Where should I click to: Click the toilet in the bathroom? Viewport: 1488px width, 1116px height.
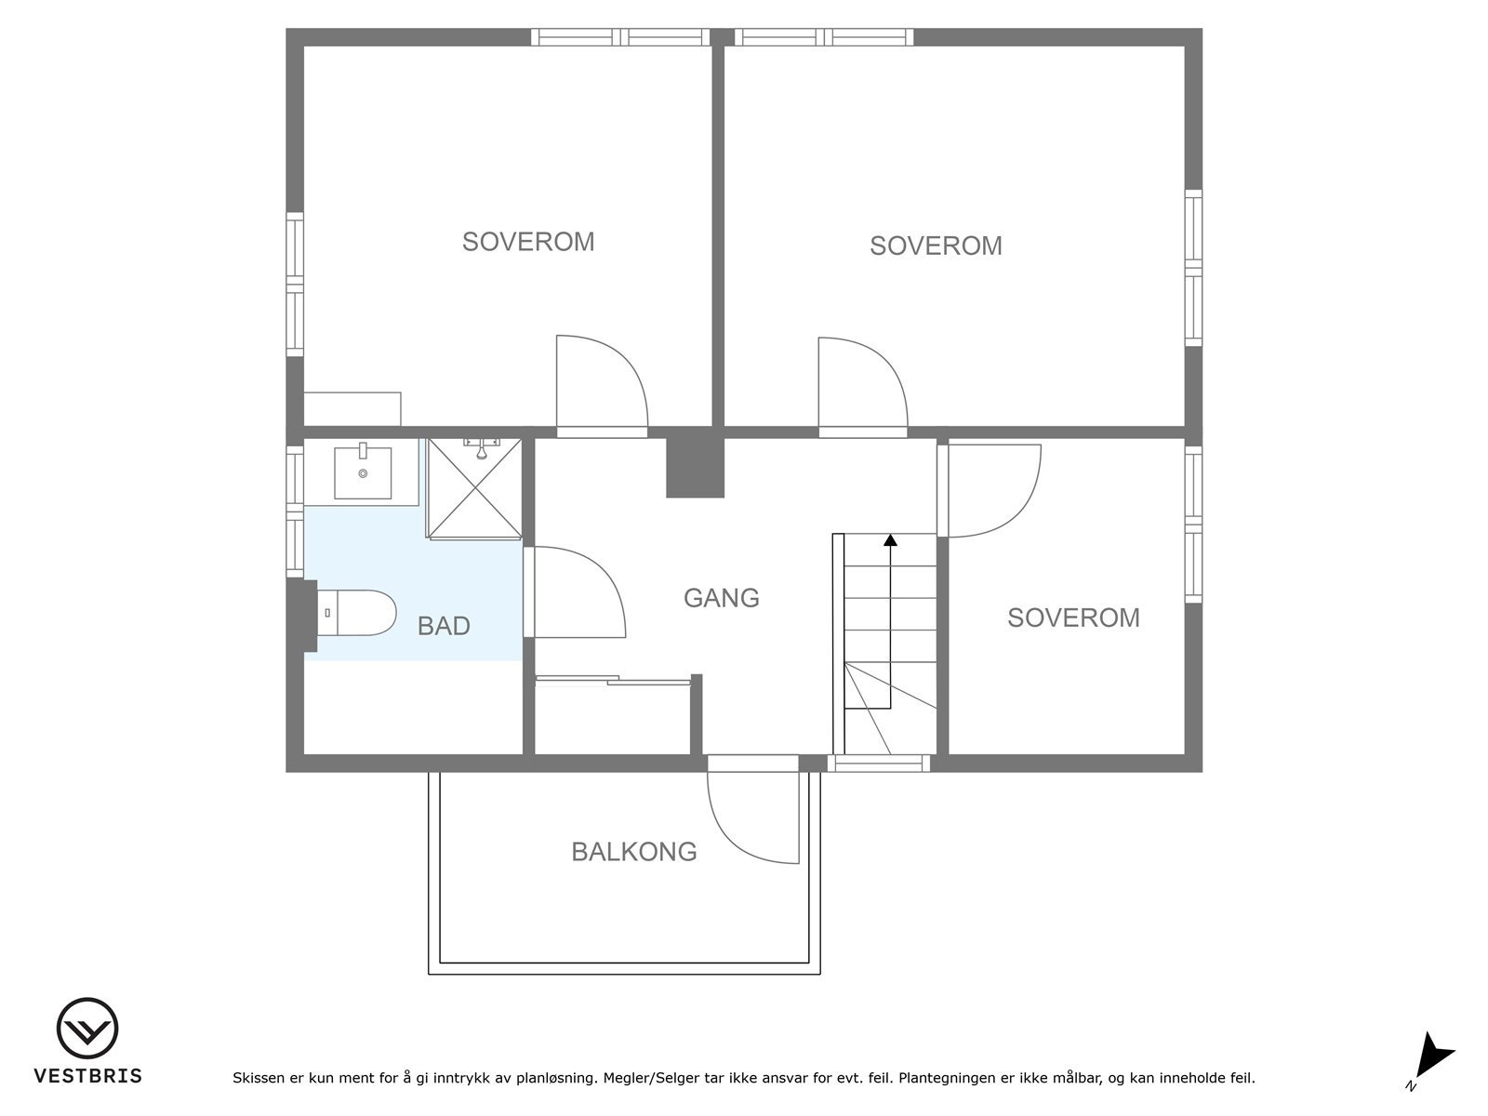356,612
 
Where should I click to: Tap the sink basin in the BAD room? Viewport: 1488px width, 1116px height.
363,472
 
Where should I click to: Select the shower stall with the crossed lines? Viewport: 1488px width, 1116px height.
474,488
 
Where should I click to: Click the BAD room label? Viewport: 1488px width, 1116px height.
444,625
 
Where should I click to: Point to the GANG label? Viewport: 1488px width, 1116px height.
722,598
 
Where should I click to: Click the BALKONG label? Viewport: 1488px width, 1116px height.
634,852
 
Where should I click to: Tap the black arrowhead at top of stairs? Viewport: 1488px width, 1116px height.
891,540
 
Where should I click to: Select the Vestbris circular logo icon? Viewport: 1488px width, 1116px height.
87,1029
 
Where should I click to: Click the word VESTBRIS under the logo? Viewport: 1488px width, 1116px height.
88,1076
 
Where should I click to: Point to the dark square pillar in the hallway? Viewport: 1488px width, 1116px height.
696,468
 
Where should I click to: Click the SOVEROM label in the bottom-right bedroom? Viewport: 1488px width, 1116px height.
1073,618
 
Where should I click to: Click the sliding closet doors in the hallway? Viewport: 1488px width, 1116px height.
613,681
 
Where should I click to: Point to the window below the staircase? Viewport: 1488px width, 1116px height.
879,764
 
